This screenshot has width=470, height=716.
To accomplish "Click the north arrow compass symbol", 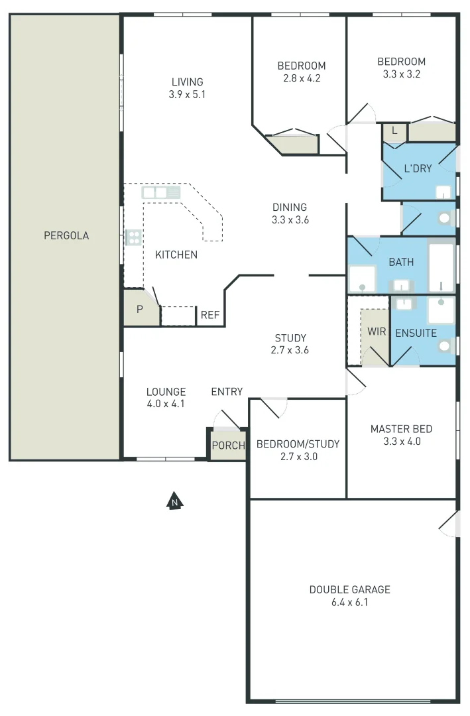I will click(x=174, y=501).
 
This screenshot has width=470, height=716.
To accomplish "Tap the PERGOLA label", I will click(x=66, y=235).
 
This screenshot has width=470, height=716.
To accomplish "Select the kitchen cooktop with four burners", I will click(x=133, y=237).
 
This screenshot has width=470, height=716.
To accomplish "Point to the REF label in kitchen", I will click(x=210, y=316).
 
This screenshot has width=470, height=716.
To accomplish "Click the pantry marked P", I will click(x=140, y=309).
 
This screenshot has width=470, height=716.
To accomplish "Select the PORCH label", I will click(x=228, y=446).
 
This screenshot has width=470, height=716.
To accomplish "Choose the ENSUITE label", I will click(x=416, y=333).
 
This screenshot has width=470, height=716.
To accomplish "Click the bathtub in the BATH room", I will click(x=441, y=268).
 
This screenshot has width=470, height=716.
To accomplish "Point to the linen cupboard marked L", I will click(x=394, y=131).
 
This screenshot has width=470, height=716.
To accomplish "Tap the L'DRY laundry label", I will click(x=418, y=168).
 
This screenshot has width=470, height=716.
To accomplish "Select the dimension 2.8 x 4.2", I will click(x=301, y=78).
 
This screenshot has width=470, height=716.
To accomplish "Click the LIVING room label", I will click(x=187, y=82).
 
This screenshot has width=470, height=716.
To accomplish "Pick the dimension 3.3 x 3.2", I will click(x=401, y=74).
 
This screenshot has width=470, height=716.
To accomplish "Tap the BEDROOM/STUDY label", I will click(x=298, y=444).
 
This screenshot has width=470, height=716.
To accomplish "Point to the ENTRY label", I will click(x=227, y=392).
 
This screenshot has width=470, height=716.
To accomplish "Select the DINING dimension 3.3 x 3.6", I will click(x=290, y=219).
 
